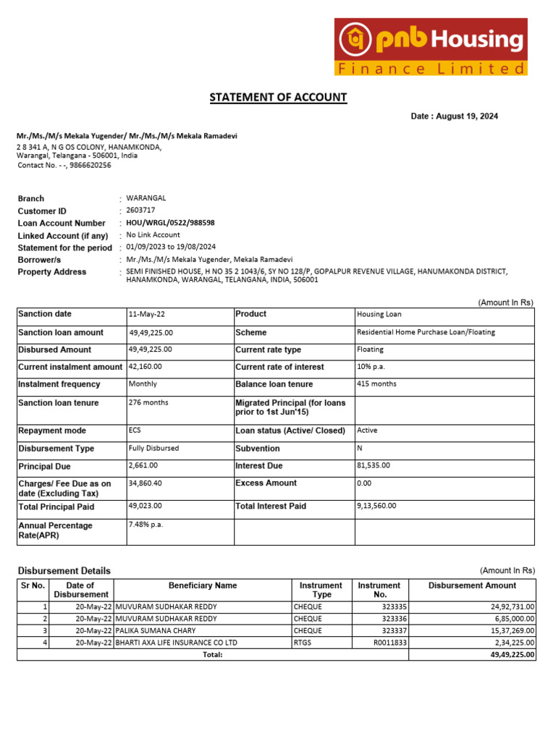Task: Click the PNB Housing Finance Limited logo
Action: [430, 47]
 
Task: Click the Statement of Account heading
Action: [278, 97]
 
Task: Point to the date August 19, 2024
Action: [454, 117]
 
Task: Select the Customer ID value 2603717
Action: [140, 211]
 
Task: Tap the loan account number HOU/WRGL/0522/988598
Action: [170, 223]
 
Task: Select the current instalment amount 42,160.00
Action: [145, 367]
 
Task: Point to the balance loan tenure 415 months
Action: [376, 384]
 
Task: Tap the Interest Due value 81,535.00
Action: [374, 466]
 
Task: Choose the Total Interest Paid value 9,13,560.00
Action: [376, 507]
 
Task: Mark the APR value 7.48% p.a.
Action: [146, 525]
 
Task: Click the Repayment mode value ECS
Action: [135, 431]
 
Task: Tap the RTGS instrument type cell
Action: [302, 643]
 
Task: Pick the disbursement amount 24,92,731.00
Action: [505, 607]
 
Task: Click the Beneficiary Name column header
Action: [203, 585]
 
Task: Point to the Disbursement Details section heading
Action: [64, 571]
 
